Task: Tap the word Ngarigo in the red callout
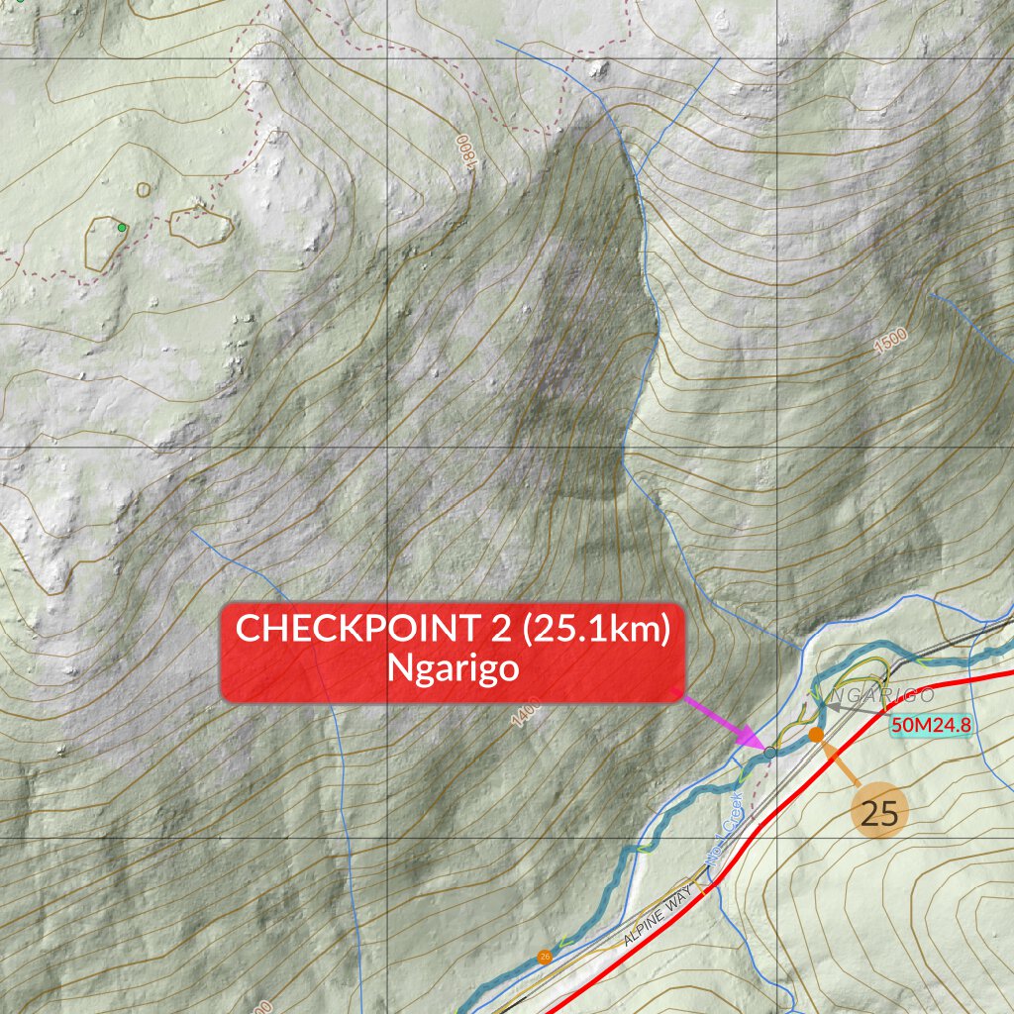(x=454, y=668)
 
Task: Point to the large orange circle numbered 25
(x=878, y=813)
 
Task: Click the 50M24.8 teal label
(x=930, y=725)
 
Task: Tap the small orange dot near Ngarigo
(x=815, y=734)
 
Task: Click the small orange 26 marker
(x=544, y=957)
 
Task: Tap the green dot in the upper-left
(x=122, y=228)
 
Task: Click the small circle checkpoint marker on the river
(x=769, y=754)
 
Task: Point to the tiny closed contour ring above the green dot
(x=144, y=189)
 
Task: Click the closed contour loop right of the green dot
(x=200, y=225)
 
